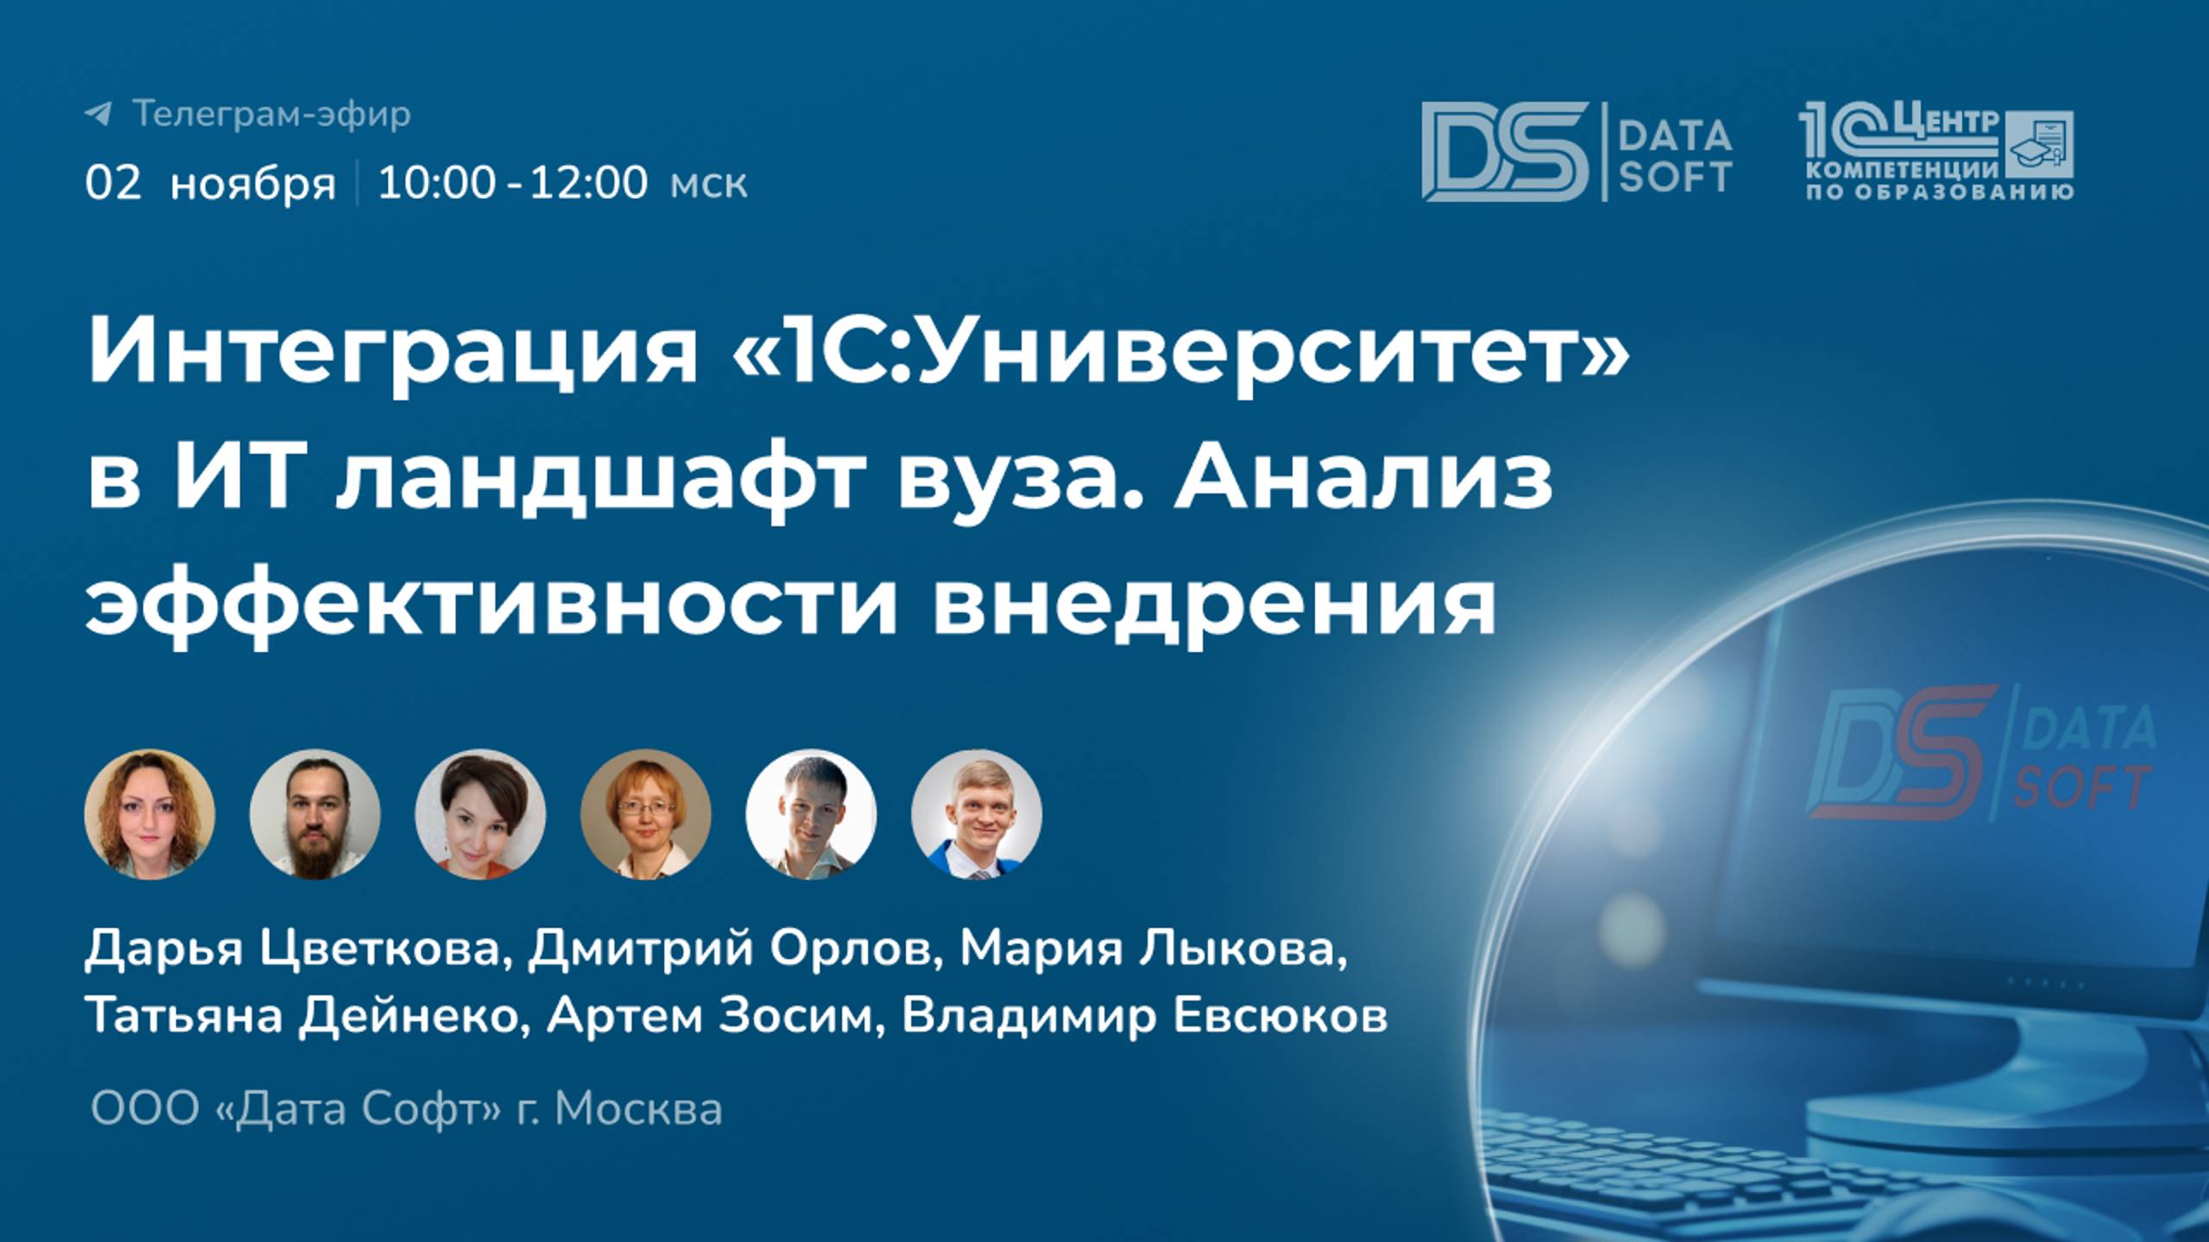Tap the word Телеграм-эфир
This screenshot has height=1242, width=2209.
[271, 115]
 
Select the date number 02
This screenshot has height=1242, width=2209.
[112, 183]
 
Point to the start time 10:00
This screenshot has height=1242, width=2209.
[437, 183]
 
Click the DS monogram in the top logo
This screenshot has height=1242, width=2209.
[1505, 152]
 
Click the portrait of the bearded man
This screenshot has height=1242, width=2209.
[315, 814]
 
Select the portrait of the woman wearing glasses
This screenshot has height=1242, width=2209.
[645, 814]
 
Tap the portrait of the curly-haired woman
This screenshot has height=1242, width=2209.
[149, 814]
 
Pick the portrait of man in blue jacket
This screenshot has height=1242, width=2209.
[976, 814]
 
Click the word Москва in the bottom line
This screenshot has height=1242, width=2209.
[638, 1109]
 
